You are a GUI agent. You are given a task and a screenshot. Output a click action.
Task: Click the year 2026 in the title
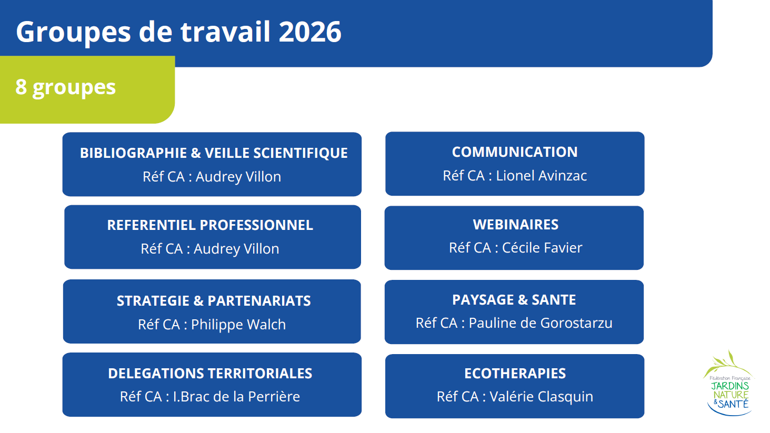[x=310, y=32]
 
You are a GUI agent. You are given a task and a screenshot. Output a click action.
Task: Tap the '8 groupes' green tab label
[x=65, y=87]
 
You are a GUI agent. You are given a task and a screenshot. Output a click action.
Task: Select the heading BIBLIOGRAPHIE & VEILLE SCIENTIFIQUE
[x=214, y=153]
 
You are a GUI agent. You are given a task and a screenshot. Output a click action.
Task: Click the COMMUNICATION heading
[x=515, y=152]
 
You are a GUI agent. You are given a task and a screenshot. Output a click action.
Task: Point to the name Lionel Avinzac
[x=542, y=176]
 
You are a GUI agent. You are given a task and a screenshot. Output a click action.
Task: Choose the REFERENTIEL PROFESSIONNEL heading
[x=210, y=225]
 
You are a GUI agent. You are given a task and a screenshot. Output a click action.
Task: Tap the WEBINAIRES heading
[x=516, y=225]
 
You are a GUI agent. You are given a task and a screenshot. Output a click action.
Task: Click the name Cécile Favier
[x=542, y=248]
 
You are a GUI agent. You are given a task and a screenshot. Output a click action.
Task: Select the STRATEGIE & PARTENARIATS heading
[x=214, y=301]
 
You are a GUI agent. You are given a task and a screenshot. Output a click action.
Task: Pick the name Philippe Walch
[x=238, y=325]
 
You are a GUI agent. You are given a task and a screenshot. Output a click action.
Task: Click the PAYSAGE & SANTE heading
[x=514, y=300]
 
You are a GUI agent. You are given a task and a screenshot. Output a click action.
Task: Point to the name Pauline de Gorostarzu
[x=541, y=323]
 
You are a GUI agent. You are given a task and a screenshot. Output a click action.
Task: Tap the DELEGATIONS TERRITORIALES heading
[x=210, y=374]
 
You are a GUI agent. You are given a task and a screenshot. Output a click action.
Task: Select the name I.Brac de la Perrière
[x=236, y=397]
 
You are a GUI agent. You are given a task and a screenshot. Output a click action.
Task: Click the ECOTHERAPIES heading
[x=515, y=374]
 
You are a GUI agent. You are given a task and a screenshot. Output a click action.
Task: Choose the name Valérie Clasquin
[x=541, y=397]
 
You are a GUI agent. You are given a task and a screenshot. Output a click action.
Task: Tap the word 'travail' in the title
[x=225, y=32]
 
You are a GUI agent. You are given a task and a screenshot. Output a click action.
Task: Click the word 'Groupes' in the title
[x=73, y=32]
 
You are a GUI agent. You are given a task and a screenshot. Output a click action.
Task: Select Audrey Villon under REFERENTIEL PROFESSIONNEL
[x=236, y=249]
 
